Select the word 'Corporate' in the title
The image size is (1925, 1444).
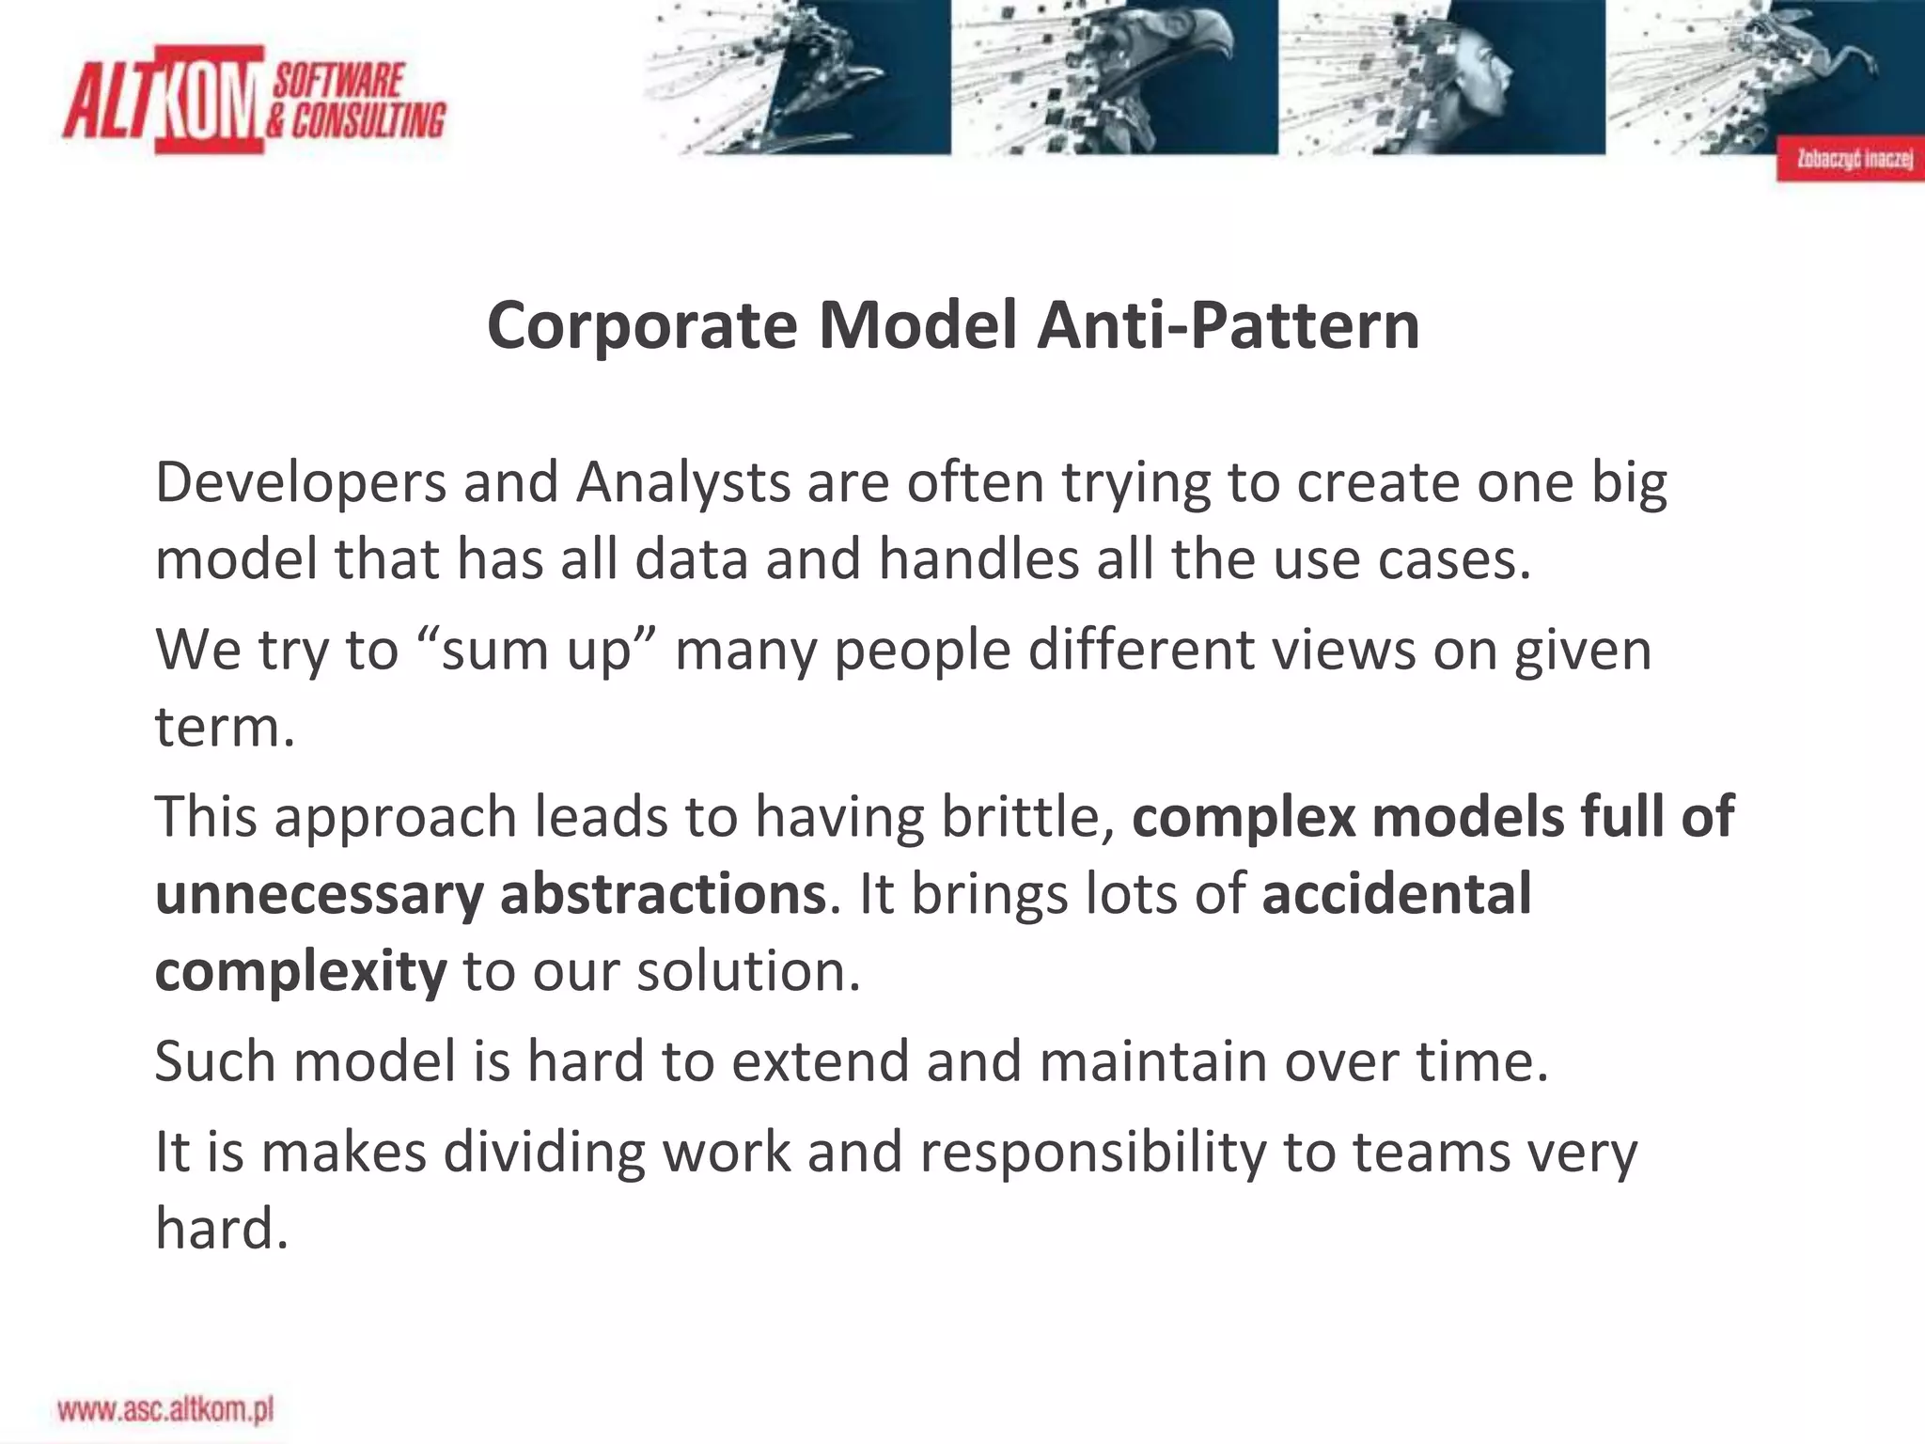click(x=642, y=325)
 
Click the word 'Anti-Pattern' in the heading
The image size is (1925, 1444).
click(x=1228, y=325)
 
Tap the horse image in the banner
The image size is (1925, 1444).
click(x=1786, y=66)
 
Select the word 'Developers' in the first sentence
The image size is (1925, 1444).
click(x=301, y=483)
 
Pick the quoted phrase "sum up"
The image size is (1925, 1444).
click(x=536, y=651)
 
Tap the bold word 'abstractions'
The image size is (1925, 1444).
click(x=663, y=894)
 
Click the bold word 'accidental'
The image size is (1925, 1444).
click(x=1397, y=894)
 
